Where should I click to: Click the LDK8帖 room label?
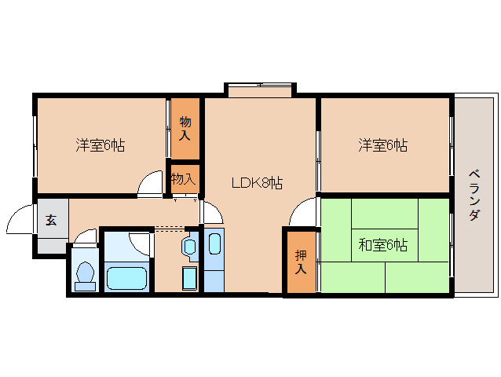coord(257,183)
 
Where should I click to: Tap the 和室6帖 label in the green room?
coord(382,245)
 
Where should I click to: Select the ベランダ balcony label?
coord(474,196)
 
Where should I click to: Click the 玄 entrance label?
coord(51,220)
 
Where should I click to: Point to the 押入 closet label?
coord(301,262)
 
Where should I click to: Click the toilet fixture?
coord(85,276)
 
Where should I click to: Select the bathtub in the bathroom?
coord(127,278)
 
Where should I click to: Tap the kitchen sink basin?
coord(214,244)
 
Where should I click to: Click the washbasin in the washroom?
coord(189,247)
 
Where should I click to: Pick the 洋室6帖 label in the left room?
coord(101,145)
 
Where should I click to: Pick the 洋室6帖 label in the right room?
coord(382,145)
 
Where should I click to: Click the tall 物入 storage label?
coord(185,129)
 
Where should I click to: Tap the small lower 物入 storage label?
coord(183,178)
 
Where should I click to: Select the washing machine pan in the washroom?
coord(189,278)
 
